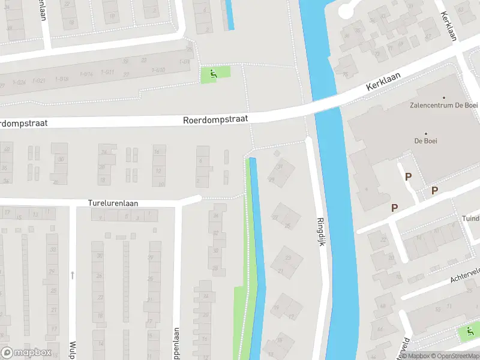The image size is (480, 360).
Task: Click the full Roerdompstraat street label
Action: click(215, 120)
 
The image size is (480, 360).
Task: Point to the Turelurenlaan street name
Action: click(113, 203)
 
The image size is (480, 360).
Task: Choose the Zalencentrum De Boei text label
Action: click(444, 106)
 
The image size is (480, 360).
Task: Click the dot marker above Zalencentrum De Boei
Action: click(444, 97)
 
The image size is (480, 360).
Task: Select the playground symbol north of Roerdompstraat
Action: click(214, 74)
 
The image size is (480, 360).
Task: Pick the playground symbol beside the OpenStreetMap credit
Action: click(468, 331)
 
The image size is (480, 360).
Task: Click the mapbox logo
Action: click(26, 353)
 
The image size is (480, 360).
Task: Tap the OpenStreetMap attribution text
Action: click(454, 356)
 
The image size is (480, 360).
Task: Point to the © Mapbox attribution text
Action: click(414, 356)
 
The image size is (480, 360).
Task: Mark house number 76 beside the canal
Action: click(346, 74)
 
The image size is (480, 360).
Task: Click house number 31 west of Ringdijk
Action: click(280, 166)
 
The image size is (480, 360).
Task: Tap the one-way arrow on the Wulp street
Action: click(72, 275)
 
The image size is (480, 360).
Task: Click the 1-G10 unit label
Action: click(158, 70)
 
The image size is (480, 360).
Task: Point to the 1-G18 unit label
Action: click(61, 79)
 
